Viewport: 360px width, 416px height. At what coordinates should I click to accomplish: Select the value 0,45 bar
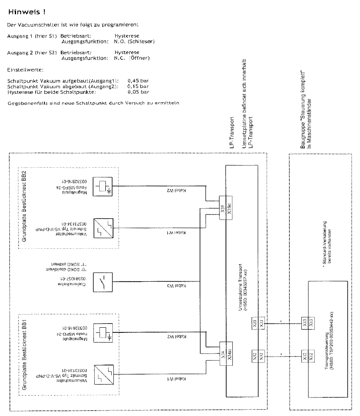tap(138, 80)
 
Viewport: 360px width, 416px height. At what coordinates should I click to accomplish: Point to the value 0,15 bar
tap(138, 86)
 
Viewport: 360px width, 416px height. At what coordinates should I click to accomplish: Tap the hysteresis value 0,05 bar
tap(138, 91)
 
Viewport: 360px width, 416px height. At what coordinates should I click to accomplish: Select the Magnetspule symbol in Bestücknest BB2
tap(103, 186)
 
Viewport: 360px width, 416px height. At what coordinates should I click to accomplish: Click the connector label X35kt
tap(229, 208)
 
